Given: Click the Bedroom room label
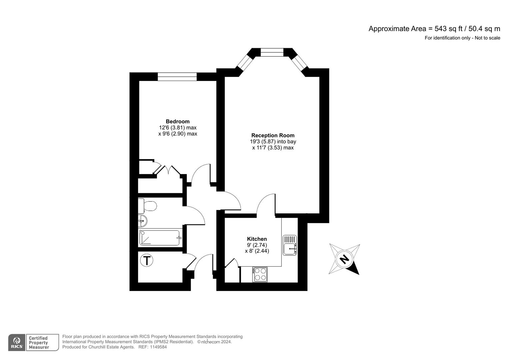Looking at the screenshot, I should click(x=178, y=121).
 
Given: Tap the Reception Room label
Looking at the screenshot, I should click(x=273, y=135).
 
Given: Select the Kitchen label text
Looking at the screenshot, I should click(x=257, y=239).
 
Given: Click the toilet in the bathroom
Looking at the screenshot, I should click(x=148, y=206).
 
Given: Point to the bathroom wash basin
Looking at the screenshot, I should click(x=143, y=220).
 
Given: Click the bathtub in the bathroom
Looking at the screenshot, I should click(x=160, y=238).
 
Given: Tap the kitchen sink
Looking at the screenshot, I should click(x=289, y=245).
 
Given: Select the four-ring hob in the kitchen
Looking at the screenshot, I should click(x=260, y=274).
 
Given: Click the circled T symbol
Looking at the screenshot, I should click(x=147, y=260).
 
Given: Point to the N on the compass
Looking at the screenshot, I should click(x=344, y=259).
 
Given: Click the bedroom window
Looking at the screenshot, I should click(x=177, y=77).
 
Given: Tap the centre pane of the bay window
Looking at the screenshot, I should click(x=272, y=52).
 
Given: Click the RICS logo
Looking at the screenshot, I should click(x=17, y=342).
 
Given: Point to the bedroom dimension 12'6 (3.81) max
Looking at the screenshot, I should click(x=178, y=128).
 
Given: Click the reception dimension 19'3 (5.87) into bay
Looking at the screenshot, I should click(x=273, y=141).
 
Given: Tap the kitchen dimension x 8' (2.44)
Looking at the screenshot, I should click(x=257, y=251).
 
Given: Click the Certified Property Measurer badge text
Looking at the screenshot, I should click(x=39, y=343).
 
